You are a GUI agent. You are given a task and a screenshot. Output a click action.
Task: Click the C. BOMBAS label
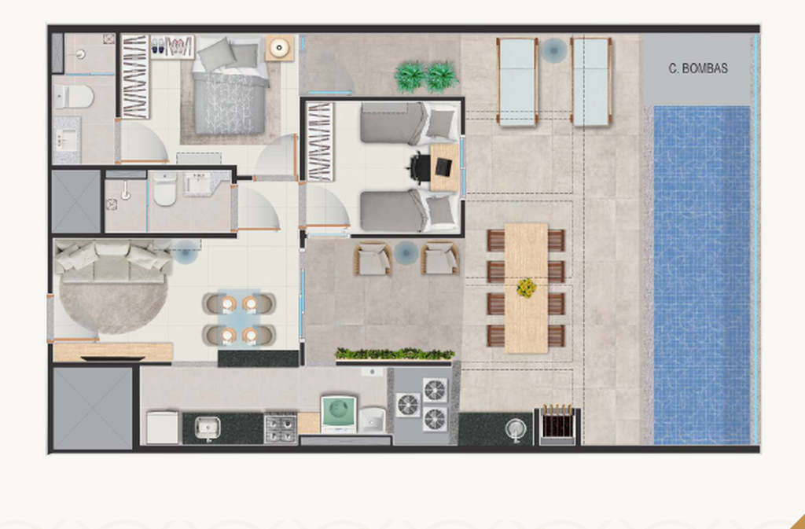[x=698, y=68]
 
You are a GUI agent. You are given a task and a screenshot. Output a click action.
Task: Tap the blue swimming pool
[x=702, y=275]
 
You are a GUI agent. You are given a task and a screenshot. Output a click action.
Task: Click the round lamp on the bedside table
[x=279, y=48]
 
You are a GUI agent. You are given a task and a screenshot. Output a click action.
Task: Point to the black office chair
[x=420, y=167]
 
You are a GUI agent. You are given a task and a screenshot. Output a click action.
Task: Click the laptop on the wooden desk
[x=443, y=166]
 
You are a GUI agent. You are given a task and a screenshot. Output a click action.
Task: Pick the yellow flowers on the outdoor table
[x=526, y=288]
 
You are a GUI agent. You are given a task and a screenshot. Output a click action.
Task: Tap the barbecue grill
[x=557, y=425]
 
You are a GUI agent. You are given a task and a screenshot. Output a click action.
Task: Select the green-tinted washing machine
[x=338, y=414]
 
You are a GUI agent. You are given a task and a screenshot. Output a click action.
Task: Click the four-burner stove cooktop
[x=281, y=429]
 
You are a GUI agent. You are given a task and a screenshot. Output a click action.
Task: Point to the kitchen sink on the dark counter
[x=208, y=428]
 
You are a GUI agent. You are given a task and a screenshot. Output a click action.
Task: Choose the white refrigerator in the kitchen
[x=162, y=427]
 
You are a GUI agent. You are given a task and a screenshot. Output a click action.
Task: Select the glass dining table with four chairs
[x=239, y=319]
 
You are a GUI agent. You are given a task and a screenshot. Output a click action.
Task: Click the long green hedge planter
[x=395, y=354]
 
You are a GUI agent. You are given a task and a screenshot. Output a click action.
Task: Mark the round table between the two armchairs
[x=406, y=252]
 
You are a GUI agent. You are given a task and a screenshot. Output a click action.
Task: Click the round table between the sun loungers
[x=554, y=50]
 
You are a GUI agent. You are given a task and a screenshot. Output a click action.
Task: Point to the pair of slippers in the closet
[x=159, y=46]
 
